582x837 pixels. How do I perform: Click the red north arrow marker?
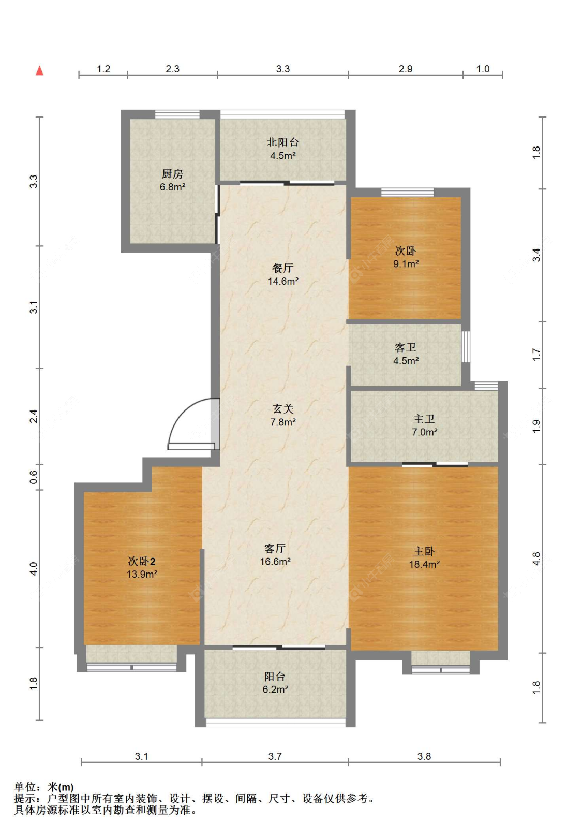click(39, 70)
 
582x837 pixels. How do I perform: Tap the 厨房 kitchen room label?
click(172, 174)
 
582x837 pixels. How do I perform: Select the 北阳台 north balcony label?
click(282, 142)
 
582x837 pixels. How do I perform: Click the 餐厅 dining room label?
click(282, 268)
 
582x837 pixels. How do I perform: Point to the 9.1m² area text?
click(406, 264)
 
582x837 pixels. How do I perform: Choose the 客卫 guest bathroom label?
click(405, 347)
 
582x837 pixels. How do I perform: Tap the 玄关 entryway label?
click(283, 409)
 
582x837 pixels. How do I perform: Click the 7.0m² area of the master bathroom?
click(424, 432)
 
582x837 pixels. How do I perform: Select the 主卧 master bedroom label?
click(424, 551)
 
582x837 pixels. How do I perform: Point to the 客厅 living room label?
click(275, 549)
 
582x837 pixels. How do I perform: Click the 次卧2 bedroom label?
click(142, 561)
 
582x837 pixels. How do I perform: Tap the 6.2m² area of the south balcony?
click(275, 689)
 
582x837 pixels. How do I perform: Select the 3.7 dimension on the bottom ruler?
click(275, 757)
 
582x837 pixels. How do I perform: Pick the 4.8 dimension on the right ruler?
click(536, 559)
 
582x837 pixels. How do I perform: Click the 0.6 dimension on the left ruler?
click(34, 477)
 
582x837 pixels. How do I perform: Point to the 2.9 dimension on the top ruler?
click(405, 69)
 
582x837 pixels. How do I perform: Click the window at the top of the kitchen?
click(177, 114)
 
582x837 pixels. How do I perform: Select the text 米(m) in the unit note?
click(61, 787)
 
